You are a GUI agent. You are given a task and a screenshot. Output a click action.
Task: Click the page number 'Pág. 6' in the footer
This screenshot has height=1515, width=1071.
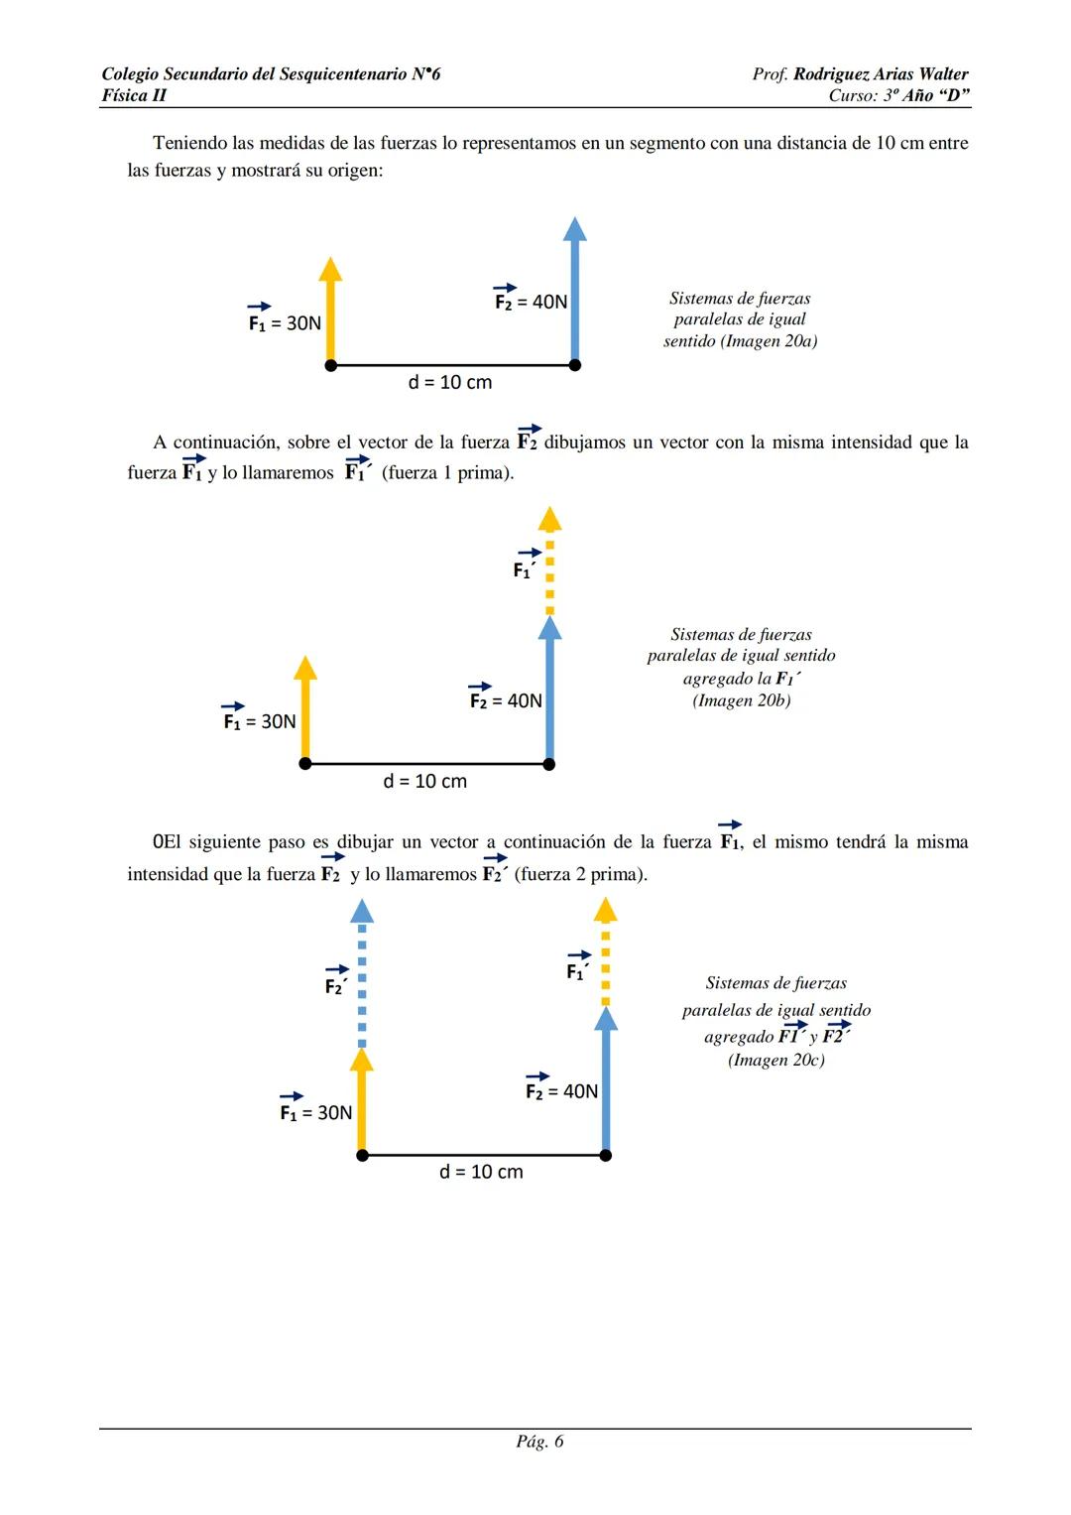[539, 1442]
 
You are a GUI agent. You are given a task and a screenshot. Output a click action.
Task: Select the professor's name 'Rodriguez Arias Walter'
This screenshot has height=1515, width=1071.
[881, 74]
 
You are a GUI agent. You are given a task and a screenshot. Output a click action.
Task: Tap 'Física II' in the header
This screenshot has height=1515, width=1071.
[134, 95]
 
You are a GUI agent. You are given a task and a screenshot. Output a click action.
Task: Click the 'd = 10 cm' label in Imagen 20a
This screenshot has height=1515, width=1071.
[450, 383]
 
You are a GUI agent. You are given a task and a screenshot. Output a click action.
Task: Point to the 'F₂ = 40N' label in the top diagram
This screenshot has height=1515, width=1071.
[532, 301]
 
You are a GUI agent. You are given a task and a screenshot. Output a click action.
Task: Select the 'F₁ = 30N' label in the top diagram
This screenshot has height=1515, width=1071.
[285, 322]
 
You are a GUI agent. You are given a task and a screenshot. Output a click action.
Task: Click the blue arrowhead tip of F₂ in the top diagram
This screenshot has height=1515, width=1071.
[574, 228]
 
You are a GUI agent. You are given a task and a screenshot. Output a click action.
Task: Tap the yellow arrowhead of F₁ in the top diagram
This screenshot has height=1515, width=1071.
[330, 268]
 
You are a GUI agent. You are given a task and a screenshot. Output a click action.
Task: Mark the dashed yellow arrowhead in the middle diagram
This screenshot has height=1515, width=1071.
[549, 518]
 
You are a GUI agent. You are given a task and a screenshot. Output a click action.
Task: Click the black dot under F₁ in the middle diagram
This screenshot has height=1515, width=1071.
[305, 764]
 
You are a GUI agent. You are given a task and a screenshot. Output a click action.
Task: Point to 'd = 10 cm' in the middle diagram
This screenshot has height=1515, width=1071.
[425, 782]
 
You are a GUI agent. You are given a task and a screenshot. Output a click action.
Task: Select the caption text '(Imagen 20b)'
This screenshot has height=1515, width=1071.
[742, 700]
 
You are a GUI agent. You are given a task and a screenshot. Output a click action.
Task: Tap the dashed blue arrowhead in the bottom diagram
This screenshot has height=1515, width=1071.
[362, 910]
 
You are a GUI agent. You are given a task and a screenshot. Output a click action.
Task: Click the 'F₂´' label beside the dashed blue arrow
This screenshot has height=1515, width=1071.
[336, 985]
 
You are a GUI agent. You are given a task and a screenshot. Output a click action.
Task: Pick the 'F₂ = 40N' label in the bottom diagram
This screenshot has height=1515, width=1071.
[561, 1090]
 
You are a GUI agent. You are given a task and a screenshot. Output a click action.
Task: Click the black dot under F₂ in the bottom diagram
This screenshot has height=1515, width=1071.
[606, 1155]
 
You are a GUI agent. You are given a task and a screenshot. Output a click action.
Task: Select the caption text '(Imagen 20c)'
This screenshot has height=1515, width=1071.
[776, 1060]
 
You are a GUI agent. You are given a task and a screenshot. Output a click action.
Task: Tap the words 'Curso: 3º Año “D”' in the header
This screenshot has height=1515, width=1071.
[898, 95]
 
